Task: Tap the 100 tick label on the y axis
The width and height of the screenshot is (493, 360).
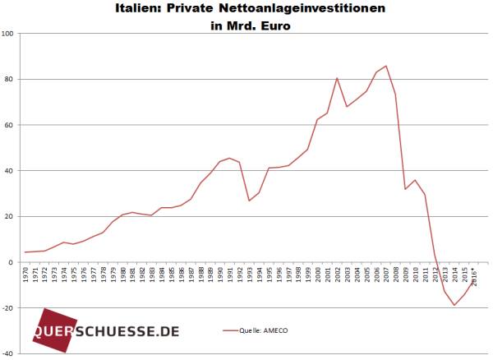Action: point(10,34)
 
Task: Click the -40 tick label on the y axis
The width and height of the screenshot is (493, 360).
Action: point(10,353)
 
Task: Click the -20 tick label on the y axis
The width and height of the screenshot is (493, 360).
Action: point(10,308)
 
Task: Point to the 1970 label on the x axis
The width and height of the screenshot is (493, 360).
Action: point(27,275)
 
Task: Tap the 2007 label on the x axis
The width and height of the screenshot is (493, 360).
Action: point(386,275)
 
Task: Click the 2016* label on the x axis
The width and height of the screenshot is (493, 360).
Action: point(473,275)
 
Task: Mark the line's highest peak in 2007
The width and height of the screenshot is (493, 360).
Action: point(386,66)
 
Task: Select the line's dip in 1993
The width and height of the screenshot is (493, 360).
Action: point(250,201)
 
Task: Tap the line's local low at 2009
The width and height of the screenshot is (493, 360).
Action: point(406,189)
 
